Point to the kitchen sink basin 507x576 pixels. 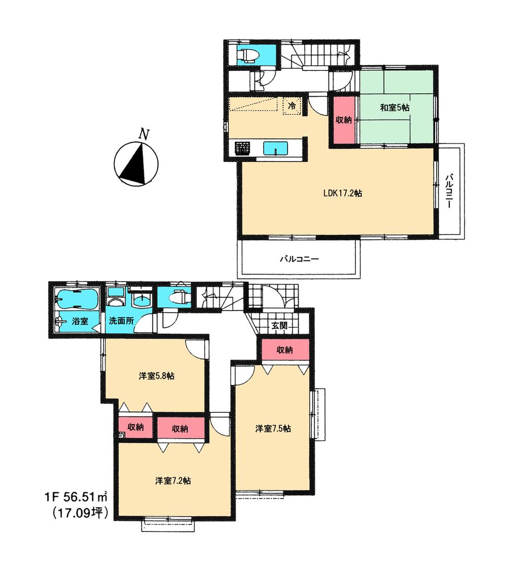[x=275, y=149]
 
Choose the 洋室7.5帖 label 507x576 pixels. [x=273, y=429]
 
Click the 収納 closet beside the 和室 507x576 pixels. [x=344, y=120]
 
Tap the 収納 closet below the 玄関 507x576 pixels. [x=285, y=350]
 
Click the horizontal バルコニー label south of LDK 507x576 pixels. [x=299, y=259]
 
